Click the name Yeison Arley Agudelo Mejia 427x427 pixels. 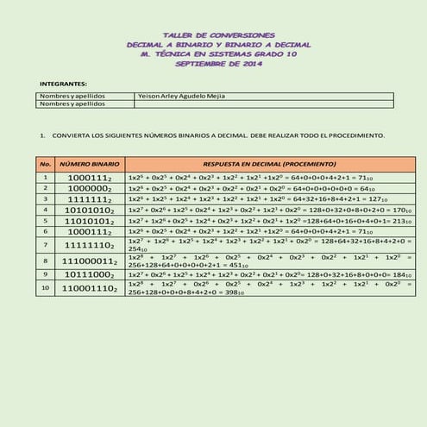click(x=181, y=96)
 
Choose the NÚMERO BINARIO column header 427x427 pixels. click(x=90, y=163)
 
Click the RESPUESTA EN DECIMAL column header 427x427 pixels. click(x=257, y=163)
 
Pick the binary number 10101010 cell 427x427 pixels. click(x=90, y=210)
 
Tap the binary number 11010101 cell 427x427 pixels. click(x=90, y=221)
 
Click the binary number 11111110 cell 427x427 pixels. click(x=90, y=245)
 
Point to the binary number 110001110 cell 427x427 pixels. click(x=90, y=289)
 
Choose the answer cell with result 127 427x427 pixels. click(x=257, y=198)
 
